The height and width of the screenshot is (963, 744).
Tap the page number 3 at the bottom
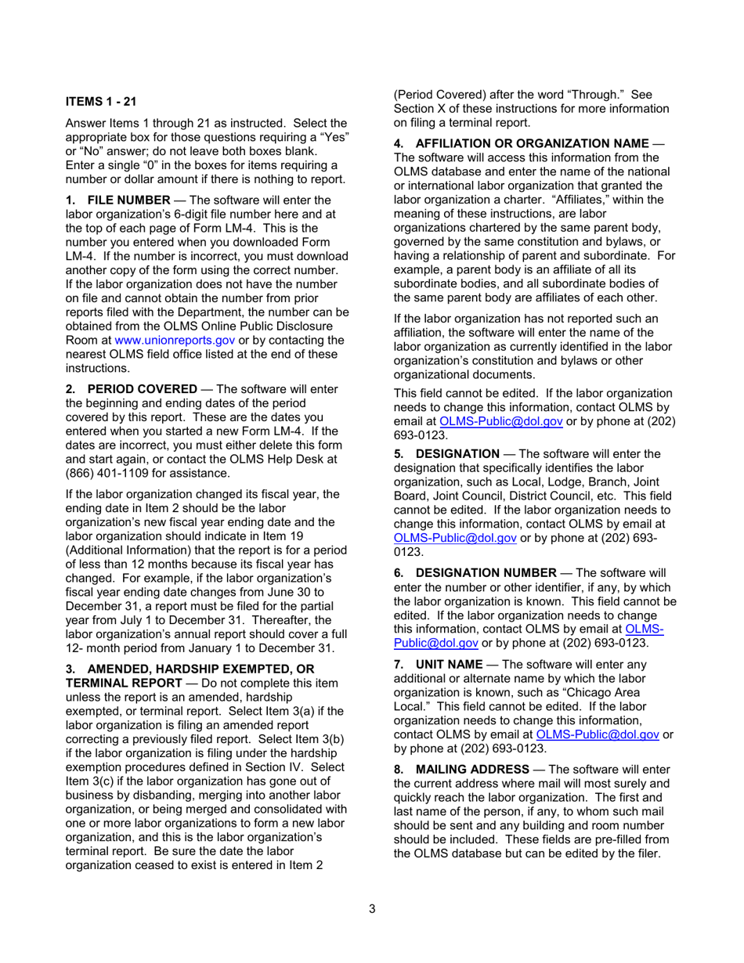372,909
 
